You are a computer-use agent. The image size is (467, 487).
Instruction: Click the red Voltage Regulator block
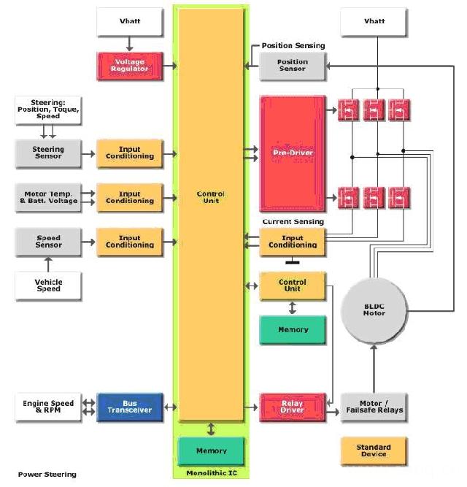[x=129, y=65]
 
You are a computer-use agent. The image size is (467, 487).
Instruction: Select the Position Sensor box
[x=293, y=66]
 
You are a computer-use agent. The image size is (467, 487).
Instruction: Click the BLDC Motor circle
[x=374, y=310]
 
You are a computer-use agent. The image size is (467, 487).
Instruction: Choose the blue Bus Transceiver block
[x=129, y=407]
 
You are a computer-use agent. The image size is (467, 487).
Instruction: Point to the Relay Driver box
[x=293, y=407]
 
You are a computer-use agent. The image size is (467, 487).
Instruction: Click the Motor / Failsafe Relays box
[x=374, y=407]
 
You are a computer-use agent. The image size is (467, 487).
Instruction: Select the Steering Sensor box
[x=49, y=153]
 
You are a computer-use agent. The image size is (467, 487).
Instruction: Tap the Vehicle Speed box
[x=49, y=285]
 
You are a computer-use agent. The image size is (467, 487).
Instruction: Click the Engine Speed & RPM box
[x=48, y=407]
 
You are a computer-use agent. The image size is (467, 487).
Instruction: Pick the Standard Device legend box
[x=374, y=451]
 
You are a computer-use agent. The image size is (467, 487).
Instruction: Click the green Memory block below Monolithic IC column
[x=212, y=450]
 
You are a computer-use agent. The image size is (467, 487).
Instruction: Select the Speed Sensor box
[x=49, y=242]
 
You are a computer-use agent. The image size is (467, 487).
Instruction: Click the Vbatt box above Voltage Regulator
[x=129, y=22]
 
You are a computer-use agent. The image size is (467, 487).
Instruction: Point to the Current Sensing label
[x=293, y=221]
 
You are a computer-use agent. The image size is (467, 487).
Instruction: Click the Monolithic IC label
[x=212, y=474]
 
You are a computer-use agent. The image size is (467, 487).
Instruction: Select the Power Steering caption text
[x=47, y=475]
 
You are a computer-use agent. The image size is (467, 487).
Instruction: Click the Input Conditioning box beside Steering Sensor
[x=129, y=153]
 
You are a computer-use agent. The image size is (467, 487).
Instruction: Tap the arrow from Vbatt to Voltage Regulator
[x=129, y=44]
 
